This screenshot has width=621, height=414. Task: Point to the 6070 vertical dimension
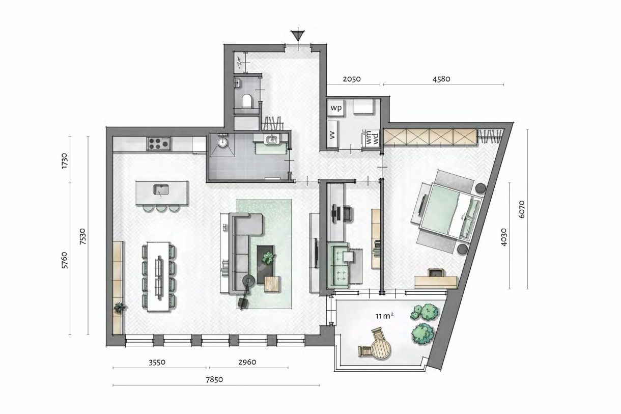[521, 209]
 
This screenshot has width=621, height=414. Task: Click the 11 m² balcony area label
[386, 316]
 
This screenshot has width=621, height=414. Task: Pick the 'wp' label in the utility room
[336, 108]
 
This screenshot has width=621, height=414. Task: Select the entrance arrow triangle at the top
[297, 36]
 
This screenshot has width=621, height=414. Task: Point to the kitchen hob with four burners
[158, 144]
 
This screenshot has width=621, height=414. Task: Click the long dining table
[159, 275]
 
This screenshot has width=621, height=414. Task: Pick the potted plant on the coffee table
[267, 258]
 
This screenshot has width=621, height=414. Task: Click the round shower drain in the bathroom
[222, 143]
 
